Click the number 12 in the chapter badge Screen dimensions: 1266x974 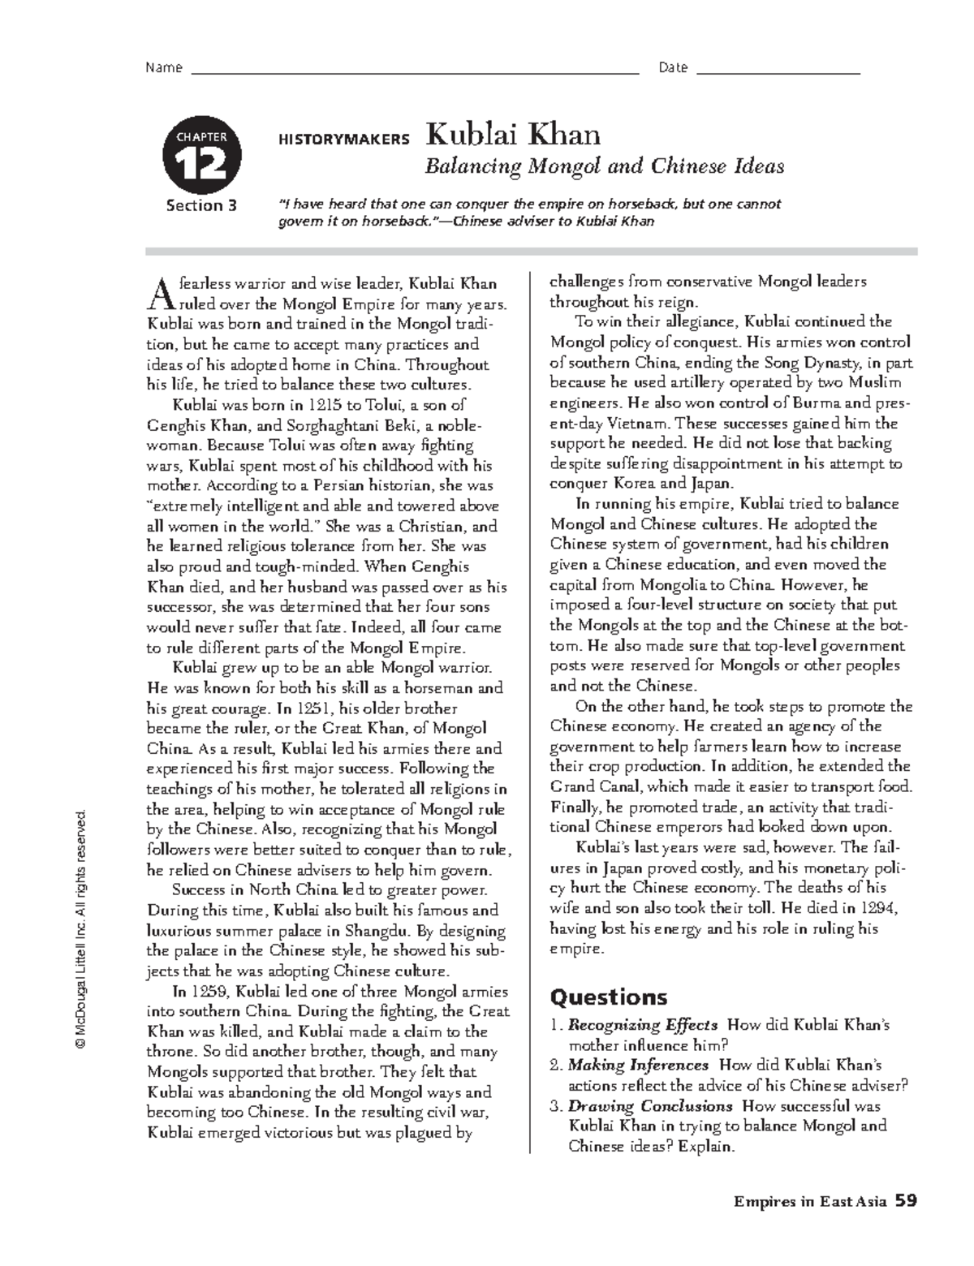coord(202,166)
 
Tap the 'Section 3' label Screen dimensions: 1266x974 coord(201,205)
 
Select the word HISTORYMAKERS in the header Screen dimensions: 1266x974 coord(344,140)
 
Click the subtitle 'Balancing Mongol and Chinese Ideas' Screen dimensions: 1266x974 coord(605,166)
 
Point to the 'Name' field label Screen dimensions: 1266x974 coord(163,68)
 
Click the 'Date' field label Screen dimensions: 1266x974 coord(673,68)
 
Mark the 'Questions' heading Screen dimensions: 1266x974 coord(609,997)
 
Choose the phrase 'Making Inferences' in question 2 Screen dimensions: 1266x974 coord(638,1066)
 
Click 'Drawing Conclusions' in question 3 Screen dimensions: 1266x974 coord(650,1106)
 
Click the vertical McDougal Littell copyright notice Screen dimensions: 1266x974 coord(81,925)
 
